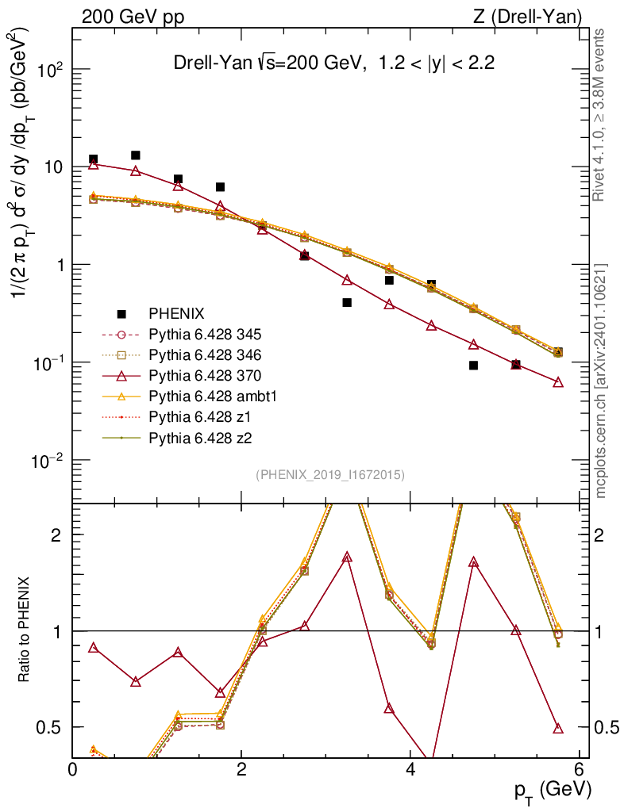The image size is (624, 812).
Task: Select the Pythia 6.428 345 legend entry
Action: click(199, 334)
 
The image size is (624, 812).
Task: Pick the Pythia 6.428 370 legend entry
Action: click(199, 375)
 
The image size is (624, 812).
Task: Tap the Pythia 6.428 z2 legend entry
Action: click(195, 437)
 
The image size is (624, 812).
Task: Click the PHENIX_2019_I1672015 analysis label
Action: click(330, 474)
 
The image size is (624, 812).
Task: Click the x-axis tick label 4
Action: click(410, 769)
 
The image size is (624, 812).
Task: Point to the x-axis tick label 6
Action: click(579, 769)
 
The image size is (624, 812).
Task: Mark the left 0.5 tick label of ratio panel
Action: click(51, 727)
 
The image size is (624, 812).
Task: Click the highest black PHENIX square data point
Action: click(136, 155)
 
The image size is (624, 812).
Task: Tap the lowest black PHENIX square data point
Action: click(473, 366)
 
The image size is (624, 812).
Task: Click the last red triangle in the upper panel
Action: click(558, 382)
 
